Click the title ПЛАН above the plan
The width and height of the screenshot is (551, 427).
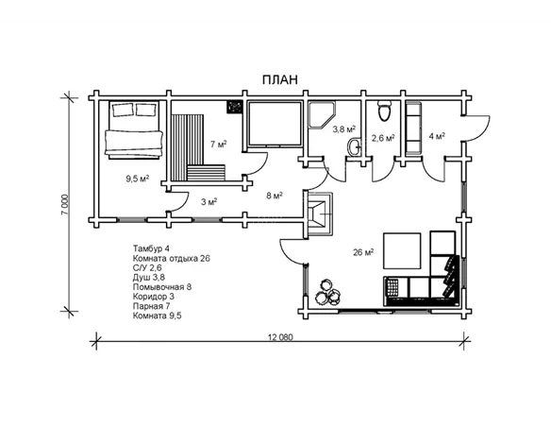pyautogui.click(x=279, y=80)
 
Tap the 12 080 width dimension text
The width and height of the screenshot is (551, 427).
pyautogui.click(x=280, y=337)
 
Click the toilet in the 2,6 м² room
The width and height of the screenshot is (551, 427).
pyautogui.click(x=384, y=111)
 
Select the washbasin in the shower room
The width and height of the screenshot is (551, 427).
pyautogui.click(x=354, y=146)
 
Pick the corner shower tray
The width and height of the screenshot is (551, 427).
pyautogui.click(x=322, y=114)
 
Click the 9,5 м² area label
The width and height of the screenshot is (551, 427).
pyautogui.click(x=138, y=179)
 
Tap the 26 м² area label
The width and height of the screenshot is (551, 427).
pyautogui.click(x=363, y=252)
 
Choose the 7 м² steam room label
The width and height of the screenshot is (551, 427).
pyautogui.click(x=218, y=145)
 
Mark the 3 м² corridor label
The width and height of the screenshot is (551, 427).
pyautogui.click(x=209, y=202)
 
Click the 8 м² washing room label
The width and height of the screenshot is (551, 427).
pyautogui.click(x=275, y=196)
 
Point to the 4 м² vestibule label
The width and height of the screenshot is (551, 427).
pyautogui.click(x=437, y=136)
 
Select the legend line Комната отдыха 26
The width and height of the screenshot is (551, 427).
pyautogui.click(x=172, y=259)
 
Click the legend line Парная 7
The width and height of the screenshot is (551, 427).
pyautogui.click(x=152, y=306)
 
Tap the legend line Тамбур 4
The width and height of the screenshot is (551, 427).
pyautogui.click(x=151, y=248)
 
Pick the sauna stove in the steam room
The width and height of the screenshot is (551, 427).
pyautogui.click(x=234, y=107)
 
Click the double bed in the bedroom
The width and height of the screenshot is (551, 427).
pyautogui.click(x=134, y=129)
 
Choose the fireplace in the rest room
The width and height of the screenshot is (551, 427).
pyautogui.click(x=320, y=213)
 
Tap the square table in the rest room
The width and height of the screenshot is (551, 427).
pyautogui.click(x=402, y=250)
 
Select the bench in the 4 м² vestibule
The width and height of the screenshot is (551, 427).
pyautogui.click(x=413, y=128)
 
